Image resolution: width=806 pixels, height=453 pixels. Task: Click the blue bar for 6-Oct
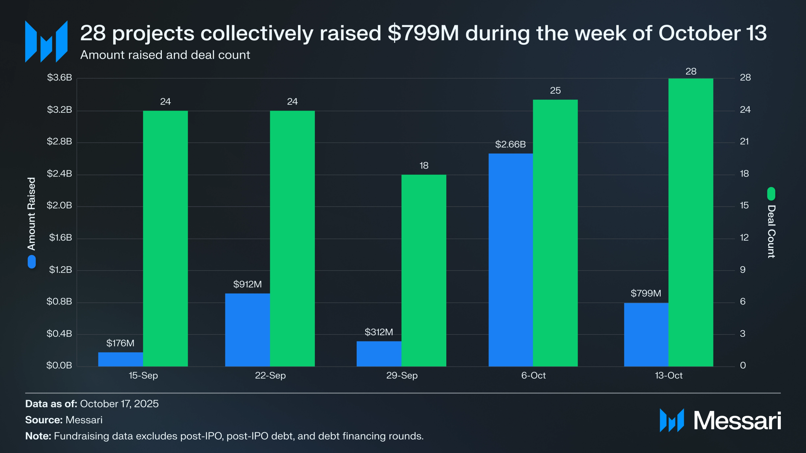pos(511,259)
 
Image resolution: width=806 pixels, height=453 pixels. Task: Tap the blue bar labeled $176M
pos(120,359)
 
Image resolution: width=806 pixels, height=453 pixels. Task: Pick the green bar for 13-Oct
pos(690,222)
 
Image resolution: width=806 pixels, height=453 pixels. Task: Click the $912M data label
pos(247,284)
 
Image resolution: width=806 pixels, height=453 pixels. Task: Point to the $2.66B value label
pos(510,144)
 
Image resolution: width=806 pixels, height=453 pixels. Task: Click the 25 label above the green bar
pos(555,91)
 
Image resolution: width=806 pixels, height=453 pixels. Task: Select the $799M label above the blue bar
pos(646,293)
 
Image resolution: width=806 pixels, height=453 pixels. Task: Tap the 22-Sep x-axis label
pos(270,376)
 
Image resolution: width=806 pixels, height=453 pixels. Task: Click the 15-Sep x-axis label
pos(143,376)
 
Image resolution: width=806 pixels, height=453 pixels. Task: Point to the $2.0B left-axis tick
pos(59,206)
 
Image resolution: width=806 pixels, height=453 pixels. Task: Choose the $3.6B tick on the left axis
pos(59,78)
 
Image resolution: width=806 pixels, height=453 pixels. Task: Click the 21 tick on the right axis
pos(744,142)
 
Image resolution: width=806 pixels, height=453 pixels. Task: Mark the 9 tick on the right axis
pos(742,270)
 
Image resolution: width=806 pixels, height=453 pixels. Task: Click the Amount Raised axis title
pos(32,214)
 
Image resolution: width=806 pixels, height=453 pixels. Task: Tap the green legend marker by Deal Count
pos(771,194)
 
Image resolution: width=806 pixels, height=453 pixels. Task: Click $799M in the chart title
pos(423,33)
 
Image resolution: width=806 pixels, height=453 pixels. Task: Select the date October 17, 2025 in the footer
pos(119,404)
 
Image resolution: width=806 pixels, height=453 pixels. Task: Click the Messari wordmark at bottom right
pos(737,420)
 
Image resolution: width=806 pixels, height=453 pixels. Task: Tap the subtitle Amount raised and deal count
pos(165,55)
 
